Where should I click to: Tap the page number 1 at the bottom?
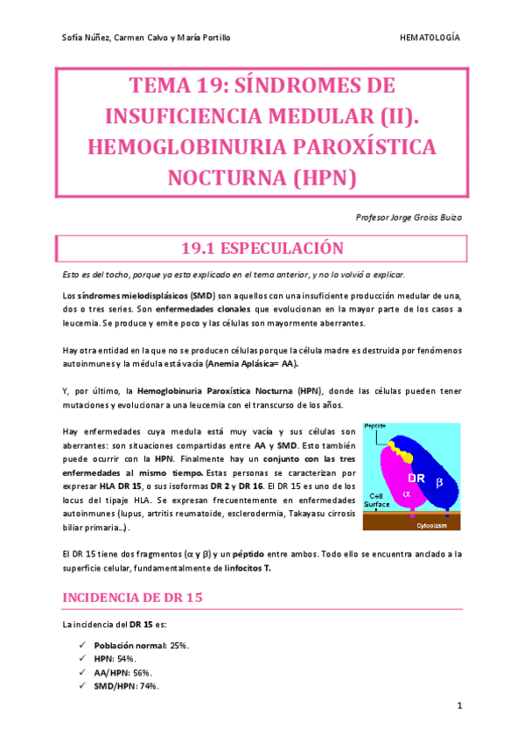coord(458,705)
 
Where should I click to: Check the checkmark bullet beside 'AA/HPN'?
coord(81,672)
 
